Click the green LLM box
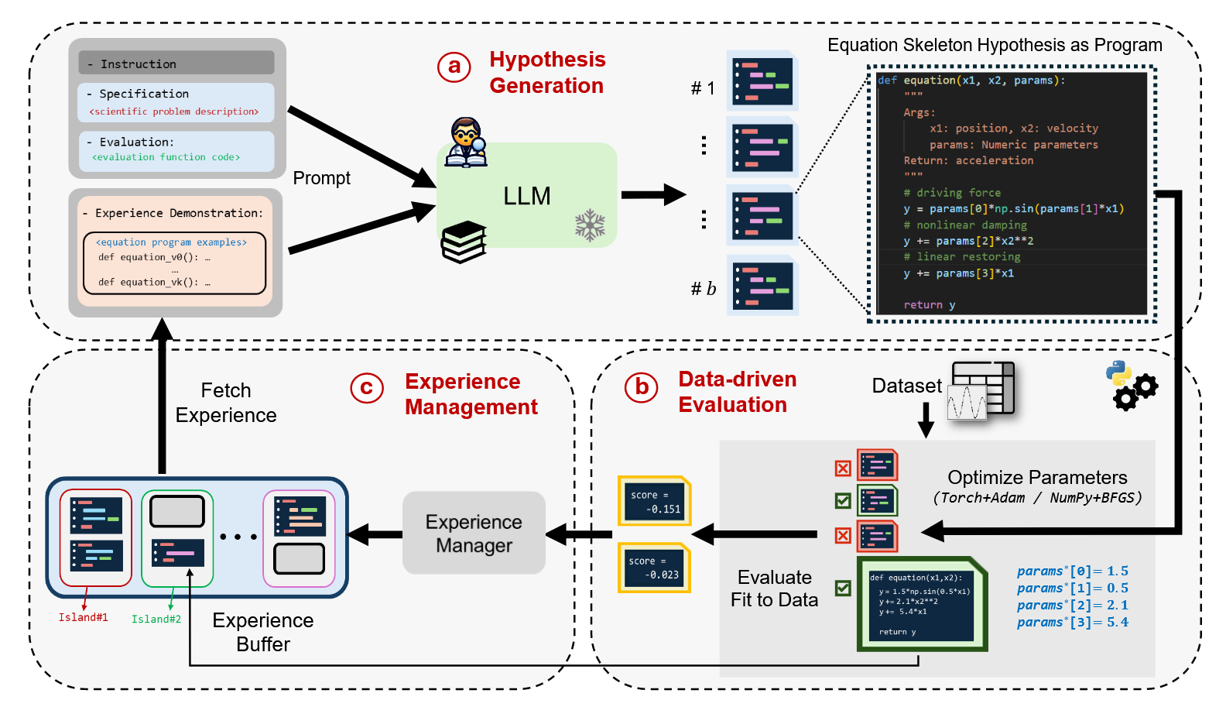point(526,195)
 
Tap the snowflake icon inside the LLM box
point(590,225)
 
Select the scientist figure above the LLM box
point(467,142)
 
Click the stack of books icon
point(464,242)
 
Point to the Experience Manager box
point(474,533)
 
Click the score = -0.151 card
point(654,501)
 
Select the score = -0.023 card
point(653,568)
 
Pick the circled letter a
point(454,67)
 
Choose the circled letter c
point(367,387)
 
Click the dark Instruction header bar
point(176,63)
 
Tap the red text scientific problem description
point(174,112)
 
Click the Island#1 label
point(83,617)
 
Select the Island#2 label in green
point(156,619)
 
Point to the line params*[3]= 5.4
point(1072,623)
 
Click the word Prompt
point(321,178)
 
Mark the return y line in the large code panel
point(929,305)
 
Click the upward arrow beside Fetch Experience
point(162,395)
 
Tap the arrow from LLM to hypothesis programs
point(653,194)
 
